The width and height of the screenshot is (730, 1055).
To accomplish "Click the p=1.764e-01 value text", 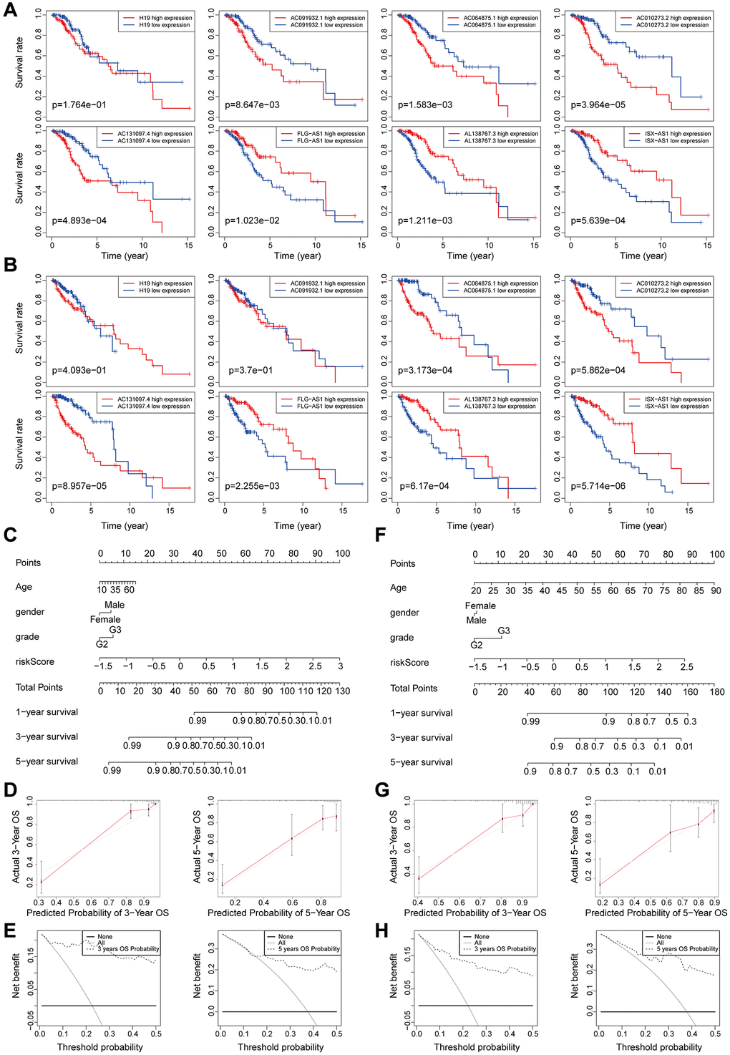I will (79, 105).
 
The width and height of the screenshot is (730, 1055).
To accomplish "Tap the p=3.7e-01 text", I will (250, 371).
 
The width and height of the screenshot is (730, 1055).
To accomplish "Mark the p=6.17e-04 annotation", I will (424, 487).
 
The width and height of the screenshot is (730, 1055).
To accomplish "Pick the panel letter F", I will (380, 535).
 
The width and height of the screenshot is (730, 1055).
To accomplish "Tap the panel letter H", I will (381, 930).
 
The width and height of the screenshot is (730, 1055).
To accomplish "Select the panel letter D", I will (10, 790).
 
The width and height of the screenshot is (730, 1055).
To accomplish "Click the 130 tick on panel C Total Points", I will (342, 691).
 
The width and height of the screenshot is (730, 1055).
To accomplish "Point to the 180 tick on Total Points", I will (716, 692).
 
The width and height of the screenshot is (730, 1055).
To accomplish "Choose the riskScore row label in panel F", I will (409, 663).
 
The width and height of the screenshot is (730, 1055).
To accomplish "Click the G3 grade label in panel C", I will (115, 630).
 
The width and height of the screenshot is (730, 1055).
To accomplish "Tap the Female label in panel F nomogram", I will (480, 606).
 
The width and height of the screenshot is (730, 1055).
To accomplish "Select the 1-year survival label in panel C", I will (47, 712).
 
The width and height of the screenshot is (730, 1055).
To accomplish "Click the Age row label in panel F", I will (398, 588).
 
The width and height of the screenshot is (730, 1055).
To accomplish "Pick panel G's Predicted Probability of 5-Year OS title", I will (656, 913).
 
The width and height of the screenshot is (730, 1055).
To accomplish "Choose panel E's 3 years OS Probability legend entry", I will (128, 949).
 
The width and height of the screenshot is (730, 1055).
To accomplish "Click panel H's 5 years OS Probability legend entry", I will (687, 949).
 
